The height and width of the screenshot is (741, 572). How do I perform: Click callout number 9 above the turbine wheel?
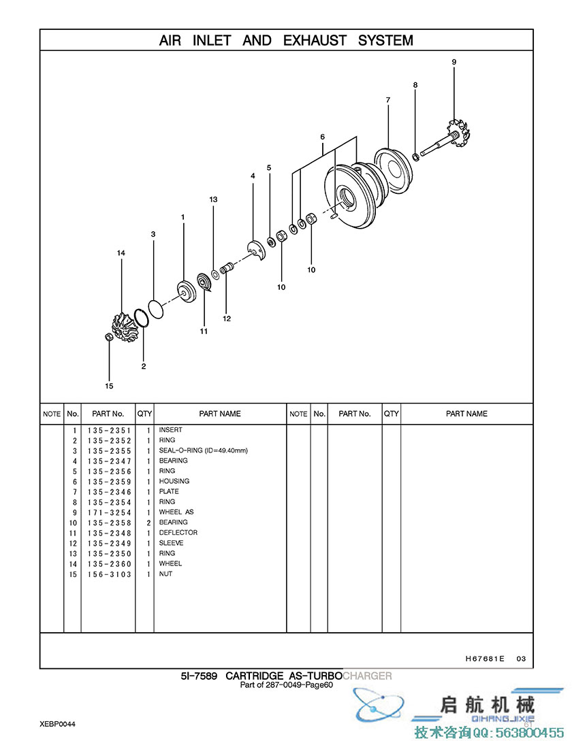454,62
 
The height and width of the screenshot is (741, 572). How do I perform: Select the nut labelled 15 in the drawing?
109,337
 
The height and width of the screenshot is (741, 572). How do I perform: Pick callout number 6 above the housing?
323,137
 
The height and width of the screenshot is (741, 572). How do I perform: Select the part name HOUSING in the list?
174,481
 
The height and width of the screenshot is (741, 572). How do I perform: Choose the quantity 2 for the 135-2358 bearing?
147,523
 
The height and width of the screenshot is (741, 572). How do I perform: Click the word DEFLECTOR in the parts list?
178,533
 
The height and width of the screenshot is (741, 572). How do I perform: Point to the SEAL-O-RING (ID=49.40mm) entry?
203,450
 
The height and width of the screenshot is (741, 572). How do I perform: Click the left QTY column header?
145,414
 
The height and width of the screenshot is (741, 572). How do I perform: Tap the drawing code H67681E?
485,659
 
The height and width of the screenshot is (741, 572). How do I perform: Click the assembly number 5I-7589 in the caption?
200,676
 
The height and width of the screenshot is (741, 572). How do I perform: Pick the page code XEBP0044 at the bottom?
57,724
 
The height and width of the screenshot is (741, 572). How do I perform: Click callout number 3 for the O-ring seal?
153,234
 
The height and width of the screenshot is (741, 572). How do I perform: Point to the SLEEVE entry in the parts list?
171,543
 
